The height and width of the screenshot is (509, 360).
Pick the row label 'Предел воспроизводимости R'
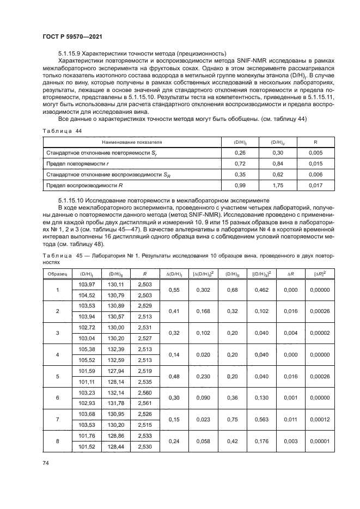pos(84,185)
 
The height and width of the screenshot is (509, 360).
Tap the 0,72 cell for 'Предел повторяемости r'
pos(239,163)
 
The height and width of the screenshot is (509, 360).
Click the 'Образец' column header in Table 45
pos(57,273)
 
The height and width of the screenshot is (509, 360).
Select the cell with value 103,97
pos(87,285)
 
